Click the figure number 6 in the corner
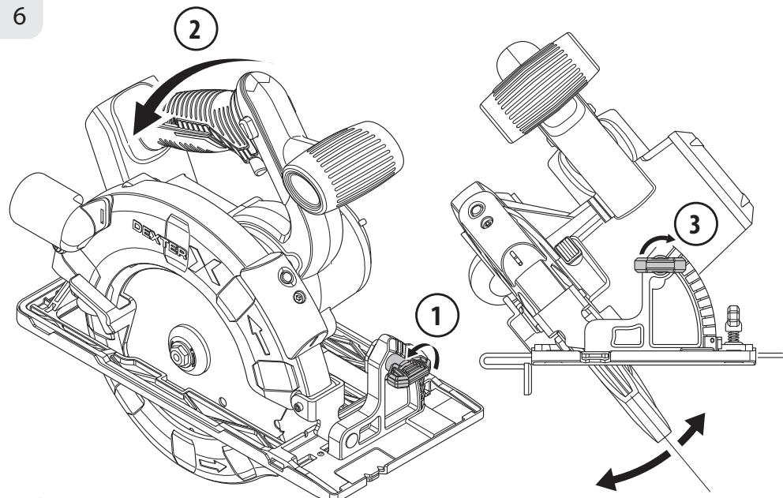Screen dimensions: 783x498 19,17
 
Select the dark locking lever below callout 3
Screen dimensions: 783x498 659,264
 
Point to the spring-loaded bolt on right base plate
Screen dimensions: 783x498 732,324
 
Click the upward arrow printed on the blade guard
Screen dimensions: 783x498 259,335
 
